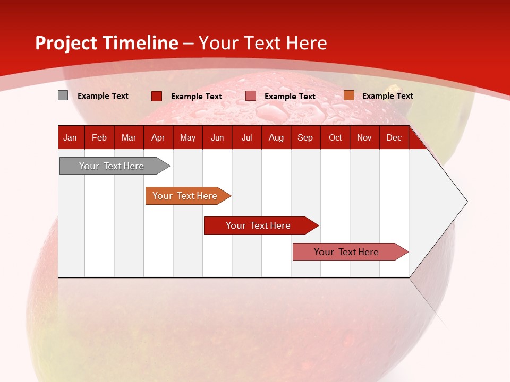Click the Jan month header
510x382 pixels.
point(70,138)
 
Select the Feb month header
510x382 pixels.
point(99,138)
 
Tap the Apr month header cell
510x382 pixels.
point(158,138)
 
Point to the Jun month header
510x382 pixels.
point(217,138)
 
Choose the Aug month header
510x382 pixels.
point(276,138)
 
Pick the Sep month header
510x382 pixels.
point(305,138)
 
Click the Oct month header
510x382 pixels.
point(335,138)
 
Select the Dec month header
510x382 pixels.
point(394,138)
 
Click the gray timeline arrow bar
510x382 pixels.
point(112,166)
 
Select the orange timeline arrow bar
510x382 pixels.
point(185,196)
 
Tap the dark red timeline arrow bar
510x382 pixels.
point(258,225)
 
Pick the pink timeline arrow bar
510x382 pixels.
point(347,252)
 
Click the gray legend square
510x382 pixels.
point(63,95)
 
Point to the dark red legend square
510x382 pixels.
point(157,96)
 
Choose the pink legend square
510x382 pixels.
point(251,96)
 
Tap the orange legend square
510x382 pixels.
point(348,95)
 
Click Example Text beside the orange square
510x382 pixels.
point(387,96)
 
